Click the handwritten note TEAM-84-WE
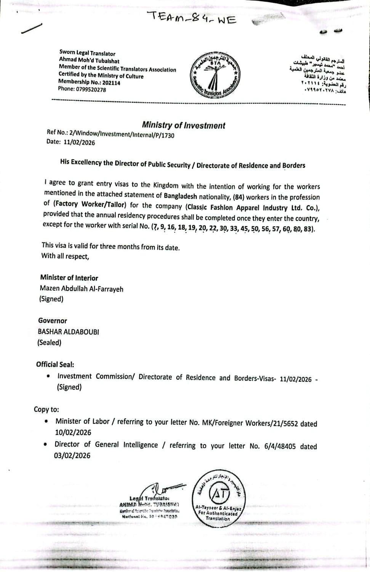click(192, 18)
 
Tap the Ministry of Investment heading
click(183, 125)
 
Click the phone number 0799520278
click(91, 90)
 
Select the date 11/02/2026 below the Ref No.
click(79, 143)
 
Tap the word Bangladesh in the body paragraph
click(180, 196)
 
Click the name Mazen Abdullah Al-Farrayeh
click(82, 289)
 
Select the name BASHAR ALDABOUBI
click(69, 332)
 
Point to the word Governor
click(53, 321)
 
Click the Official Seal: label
click(55, 364)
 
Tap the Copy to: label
click(46, 409)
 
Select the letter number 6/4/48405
click(280, 446)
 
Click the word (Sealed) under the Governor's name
click(49, 342)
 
